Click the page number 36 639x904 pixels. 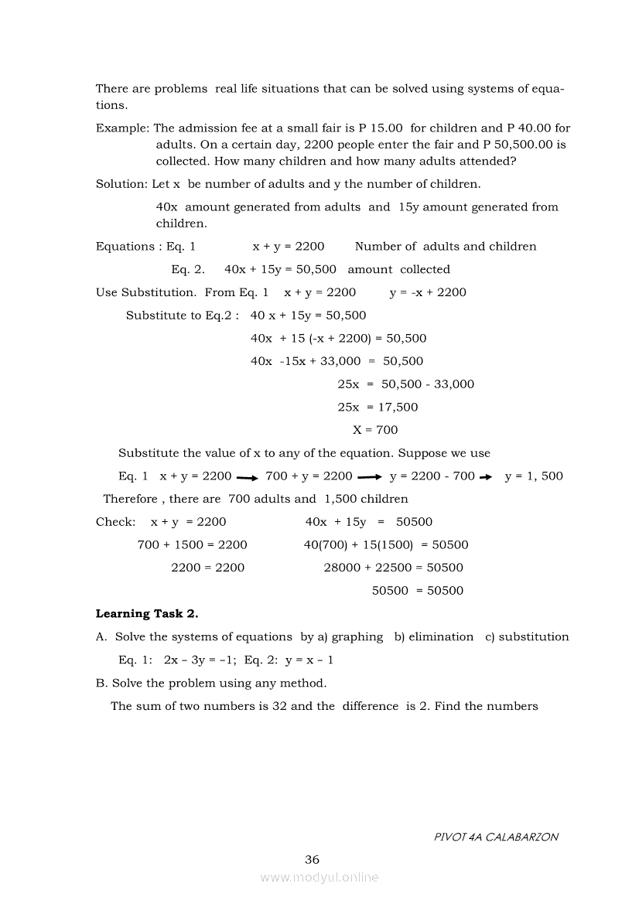tap(312, 859)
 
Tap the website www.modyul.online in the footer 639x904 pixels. tap(319, 878)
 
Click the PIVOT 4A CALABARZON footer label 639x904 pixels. tap(495, 837)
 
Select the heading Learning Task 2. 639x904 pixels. tap(147, 614)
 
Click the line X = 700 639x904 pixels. tap(375, 430)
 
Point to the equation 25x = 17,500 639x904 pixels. tap(378, 408)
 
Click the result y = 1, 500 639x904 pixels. tap(534, 476)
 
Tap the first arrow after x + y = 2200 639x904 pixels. tap(247, 477)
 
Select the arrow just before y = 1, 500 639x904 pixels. tap(487, 477)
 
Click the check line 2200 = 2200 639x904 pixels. tap(207, 568)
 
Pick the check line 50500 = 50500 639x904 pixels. tap(418, 591)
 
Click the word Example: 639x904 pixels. tap(123, 128)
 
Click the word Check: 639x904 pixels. tap(115, 522)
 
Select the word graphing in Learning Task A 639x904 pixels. tap(357, 637)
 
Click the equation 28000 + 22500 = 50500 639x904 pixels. tap(393, 568)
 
